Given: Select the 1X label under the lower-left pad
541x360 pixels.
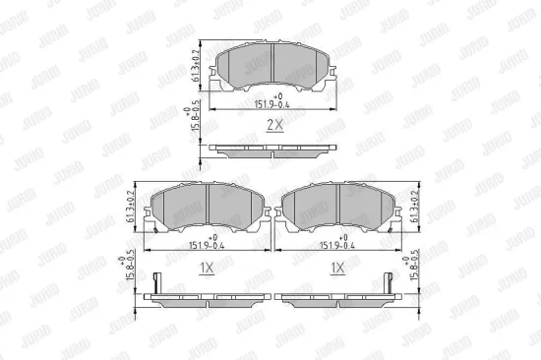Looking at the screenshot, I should pyautogui.click(x=208, y=267).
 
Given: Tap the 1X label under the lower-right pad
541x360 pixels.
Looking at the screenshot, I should pyautogui.click(x=336, y=267).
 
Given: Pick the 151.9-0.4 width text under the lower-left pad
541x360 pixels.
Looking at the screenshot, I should pyautogui.click(x=208, y=246).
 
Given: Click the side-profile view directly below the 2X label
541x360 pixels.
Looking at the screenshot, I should pyautogui.click(x=271, y=150).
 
